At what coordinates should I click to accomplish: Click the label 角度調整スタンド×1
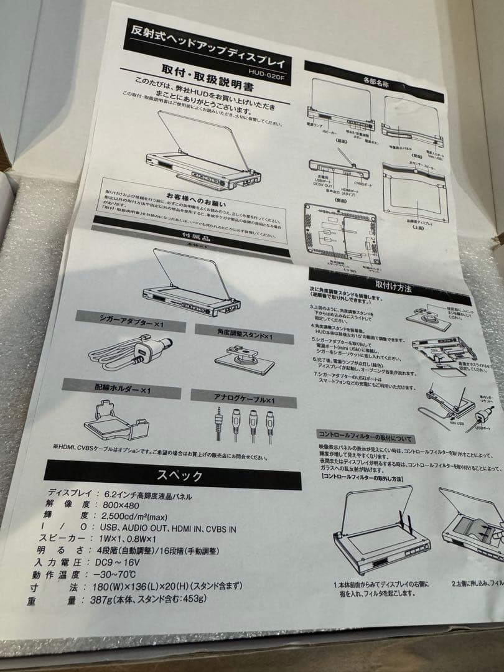(x=243, y=334)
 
